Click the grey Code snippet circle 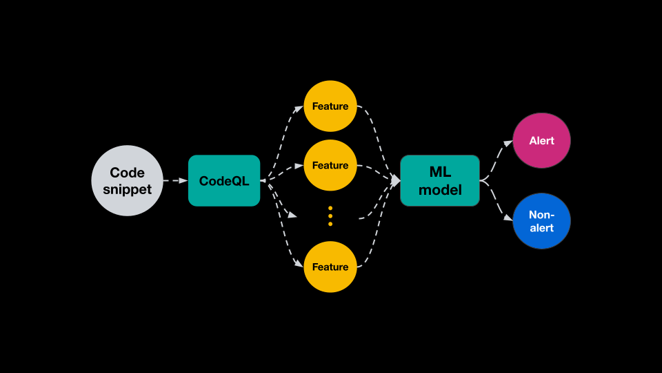(x=128, y=180)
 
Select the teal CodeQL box (x=224, y=180)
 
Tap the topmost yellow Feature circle (x=330, y=106)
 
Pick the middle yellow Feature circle (x=330, y=166)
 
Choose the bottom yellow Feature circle (x=330, y=267)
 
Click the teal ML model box (x=440, y=180)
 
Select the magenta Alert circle (x=541, y=141)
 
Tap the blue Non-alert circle (x=541, y=221)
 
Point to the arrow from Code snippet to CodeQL (x=175, y=180)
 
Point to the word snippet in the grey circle (x=128, y=189)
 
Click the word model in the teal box (x=440, y=189)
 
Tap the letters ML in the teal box (x=440, y=172)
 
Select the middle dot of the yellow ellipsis (x=330, y=216)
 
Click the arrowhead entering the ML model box (x=396, y=180)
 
